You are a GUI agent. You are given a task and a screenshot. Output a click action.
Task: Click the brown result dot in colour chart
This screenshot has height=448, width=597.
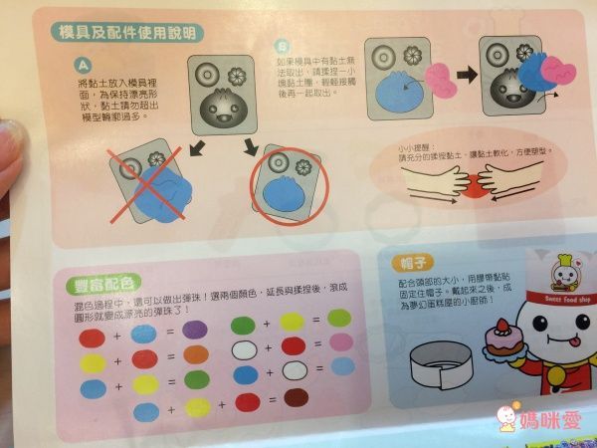coord(297,399)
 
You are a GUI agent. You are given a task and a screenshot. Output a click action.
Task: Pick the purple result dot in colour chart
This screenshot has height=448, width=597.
coord(195,330)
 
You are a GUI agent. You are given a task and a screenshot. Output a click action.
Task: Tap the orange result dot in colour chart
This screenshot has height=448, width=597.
coord(195,354)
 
